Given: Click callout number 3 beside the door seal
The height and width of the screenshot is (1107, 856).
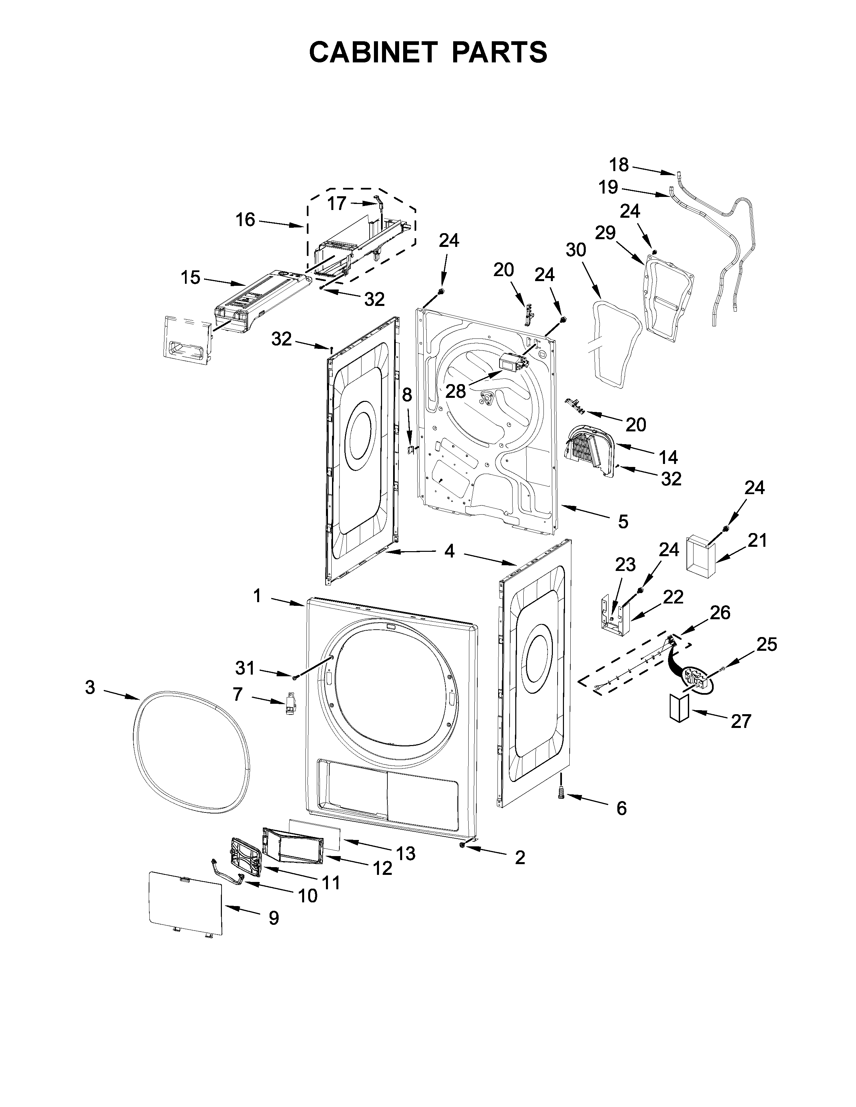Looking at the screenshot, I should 90,688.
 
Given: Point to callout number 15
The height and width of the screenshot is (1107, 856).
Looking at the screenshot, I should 191,278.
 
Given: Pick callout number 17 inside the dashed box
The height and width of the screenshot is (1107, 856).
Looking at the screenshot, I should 336,204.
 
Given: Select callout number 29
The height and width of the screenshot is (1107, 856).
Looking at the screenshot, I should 605,233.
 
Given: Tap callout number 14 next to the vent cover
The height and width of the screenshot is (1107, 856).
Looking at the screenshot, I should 668,457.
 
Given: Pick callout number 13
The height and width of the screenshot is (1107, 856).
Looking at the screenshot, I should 406,853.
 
